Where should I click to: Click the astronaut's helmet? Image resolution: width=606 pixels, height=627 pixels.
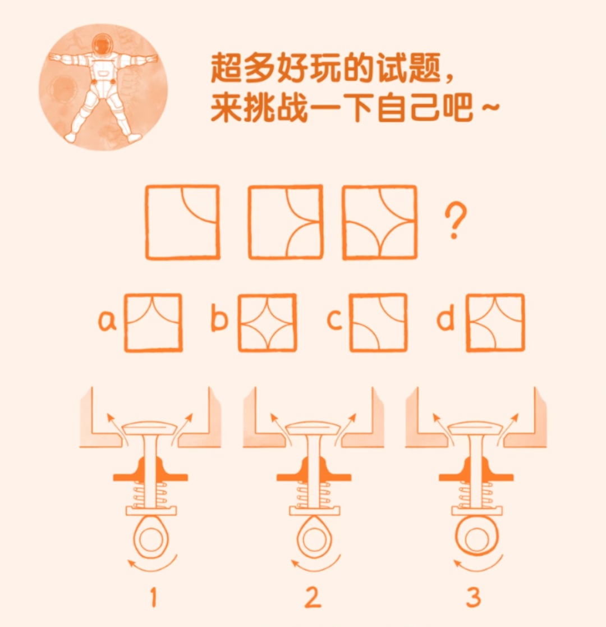tap(102, 44)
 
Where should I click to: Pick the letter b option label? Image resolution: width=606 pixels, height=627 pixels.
tap(219, 319)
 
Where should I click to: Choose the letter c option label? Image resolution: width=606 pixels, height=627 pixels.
tap(334, 320)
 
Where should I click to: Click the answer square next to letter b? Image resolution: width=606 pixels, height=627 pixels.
tap(268, 323)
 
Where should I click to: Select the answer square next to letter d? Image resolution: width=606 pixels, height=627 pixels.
tap(495, 323)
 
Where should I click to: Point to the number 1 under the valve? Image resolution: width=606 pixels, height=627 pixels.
tap(153, 597)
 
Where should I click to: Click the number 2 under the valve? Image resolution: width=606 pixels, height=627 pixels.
tap(313, 597)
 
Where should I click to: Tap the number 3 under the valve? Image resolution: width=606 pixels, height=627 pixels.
tap(474, 597)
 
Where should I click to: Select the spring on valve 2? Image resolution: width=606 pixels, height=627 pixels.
tap(314, 494)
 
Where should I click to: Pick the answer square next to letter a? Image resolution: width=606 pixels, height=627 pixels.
tap(154, 323)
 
